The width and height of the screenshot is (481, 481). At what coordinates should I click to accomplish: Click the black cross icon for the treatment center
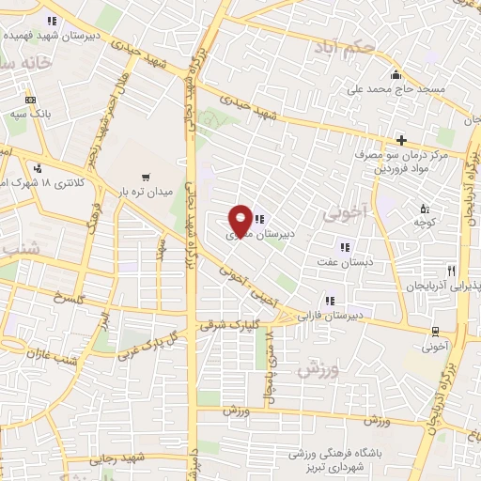pos(402,139)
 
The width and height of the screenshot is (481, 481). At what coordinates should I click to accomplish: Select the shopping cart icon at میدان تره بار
pos(146,177)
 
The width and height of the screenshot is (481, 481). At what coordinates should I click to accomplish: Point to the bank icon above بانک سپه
pos(30,100)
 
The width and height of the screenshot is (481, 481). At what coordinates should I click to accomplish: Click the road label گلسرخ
pos(70,298)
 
